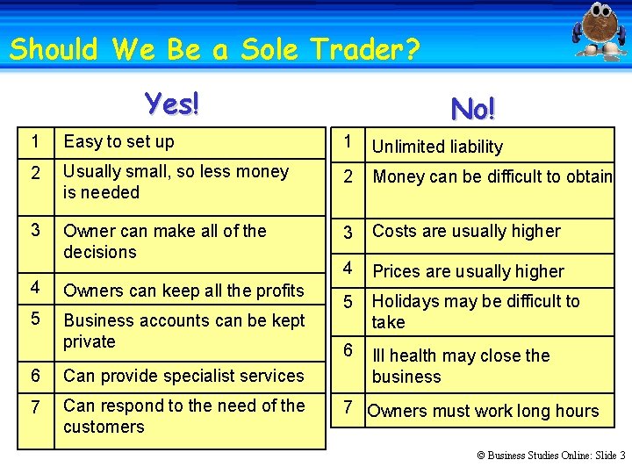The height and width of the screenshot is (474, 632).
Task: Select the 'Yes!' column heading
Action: click(173, 104)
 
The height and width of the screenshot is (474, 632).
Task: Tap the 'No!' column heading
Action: click(472, 109)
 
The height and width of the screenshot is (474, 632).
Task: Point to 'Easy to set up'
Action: click(118, 141)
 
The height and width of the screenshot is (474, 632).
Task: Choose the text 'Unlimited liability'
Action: click(437, 147)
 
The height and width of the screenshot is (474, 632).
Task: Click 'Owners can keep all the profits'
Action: click(183, 291)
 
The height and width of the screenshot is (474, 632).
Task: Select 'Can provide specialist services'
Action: click(183, 376)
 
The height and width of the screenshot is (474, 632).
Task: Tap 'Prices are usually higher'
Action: click(468, 271)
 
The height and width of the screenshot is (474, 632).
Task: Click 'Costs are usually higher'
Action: click(466, 231)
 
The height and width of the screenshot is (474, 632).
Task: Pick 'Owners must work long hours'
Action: click(483, 411)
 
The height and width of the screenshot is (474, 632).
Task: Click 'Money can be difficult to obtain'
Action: click(492, 176)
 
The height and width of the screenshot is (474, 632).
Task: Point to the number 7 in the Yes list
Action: click(34, 406)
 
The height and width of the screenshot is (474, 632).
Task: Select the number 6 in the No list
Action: click(348, 349)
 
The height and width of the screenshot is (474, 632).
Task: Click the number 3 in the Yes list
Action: click(34, 230)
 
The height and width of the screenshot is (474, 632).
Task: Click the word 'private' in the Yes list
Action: click(89, 341)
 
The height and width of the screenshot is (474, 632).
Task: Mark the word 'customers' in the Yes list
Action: click(104, 427)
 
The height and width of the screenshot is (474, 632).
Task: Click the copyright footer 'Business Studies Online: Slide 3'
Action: click(550, 456)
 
